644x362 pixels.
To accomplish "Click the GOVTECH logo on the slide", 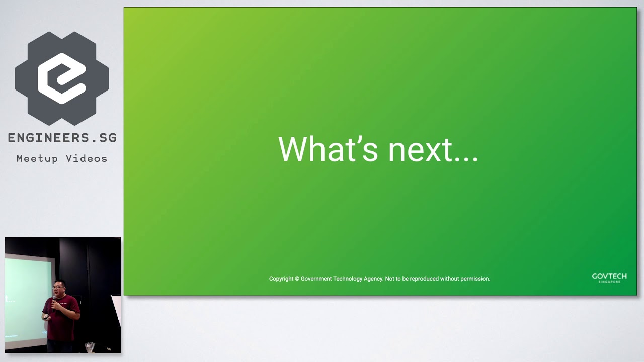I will [x=609, y=278].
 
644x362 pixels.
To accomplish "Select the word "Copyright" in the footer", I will [x=281, y=279].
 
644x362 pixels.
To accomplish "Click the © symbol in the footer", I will [x=297, y=279].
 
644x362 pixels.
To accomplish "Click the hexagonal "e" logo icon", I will [x=62, y=78].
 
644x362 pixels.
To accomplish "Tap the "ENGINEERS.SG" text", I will [x=62, y=138].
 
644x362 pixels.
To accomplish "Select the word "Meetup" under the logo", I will [x=37, y=159].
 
